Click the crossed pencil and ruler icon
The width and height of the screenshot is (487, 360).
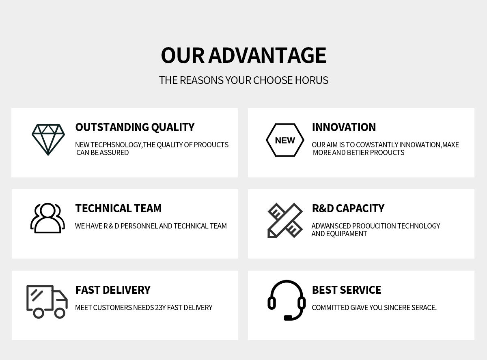pos(285,220)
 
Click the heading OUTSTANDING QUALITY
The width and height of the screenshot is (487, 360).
pos(135,127)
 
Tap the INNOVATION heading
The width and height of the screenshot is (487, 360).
pos(344,127)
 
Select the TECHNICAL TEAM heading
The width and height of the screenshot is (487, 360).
pos(119,208)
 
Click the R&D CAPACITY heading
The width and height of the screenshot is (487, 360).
pos(348,208)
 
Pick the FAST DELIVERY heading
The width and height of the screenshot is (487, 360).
pos(113,290)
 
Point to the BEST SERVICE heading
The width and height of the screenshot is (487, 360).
pos(347,290)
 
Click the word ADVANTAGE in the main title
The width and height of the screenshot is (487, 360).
pos(267,55)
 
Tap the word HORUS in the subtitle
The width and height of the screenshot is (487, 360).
pos(312,80)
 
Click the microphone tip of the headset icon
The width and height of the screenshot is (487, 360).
pos(288,318)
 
